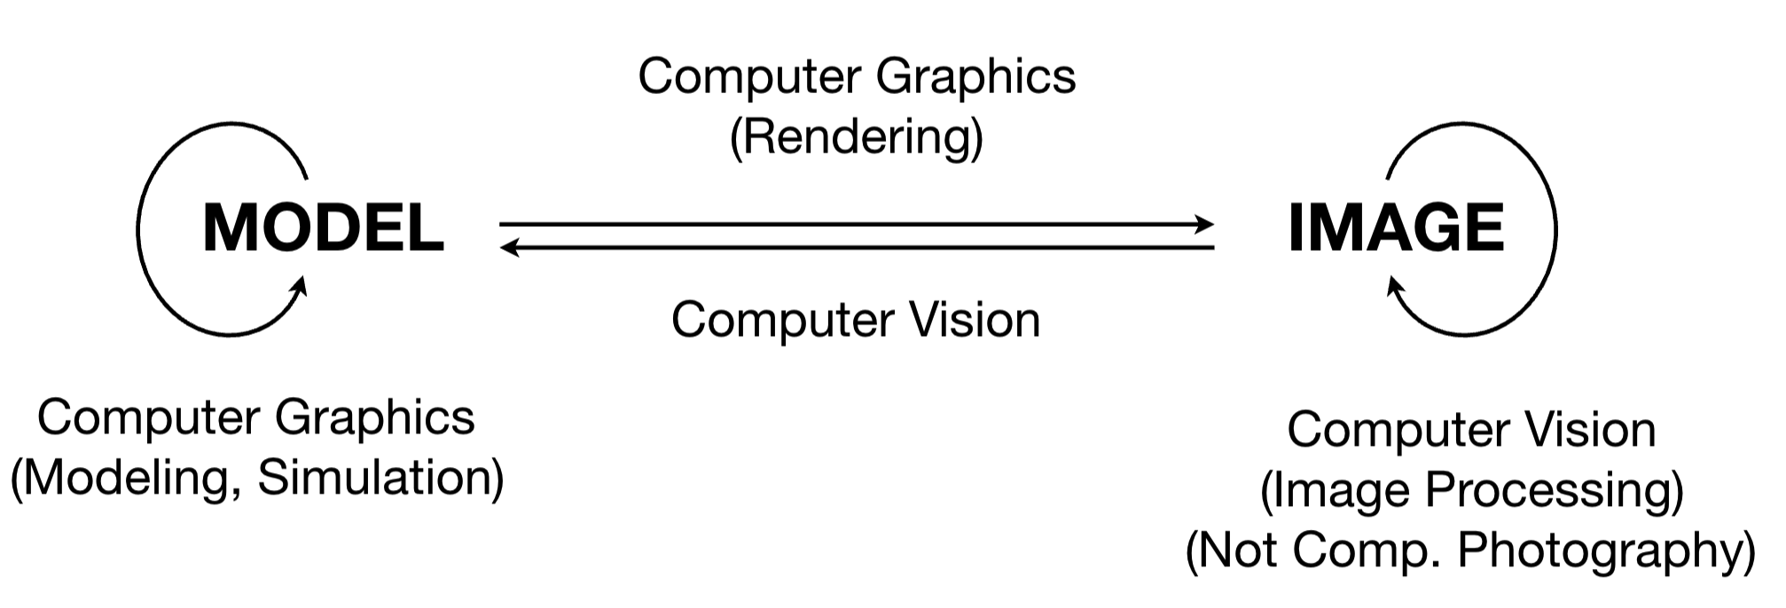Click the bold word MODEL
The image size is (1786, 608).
[324, 229]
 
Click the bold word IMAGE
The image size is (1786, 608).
[1396, 229]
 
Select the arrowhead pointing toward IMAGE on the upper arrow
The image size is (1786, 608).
[1204, 224]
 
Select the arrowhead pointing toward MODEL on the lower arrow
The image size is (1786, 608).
[511, 248]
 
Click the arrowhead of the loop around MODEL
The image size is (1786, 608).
[299, 288]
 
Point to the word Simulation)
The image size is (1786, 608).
[381, 478]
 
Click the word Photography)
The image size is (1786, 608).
[1607, 551]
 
